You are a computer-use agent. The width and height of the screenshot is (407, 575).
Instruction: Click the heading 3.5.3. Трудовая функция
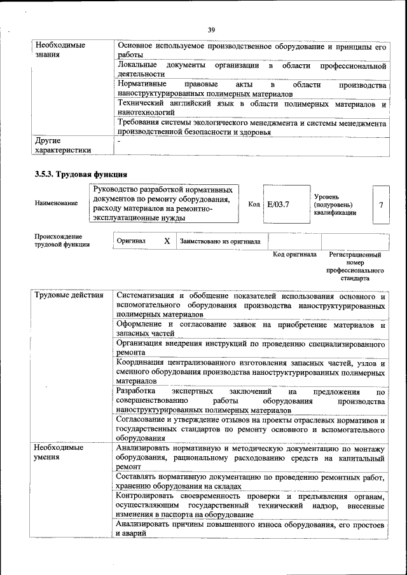coord(81,174)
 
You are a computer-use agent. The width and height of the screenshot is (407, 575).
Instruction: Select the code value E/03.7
coord(278,204)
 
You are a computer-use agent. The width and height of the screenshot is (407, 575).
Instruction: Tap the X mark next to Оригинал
coord(166,241)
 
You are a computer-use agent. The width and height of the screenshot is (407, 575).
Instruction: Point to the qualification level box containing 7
coord(380,205)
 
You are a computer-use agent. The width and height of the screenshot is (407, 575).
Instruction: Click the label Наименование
coord(57,203)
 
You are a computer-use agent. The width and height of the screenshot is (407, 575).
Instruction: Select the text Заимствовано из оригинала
coord(221,241)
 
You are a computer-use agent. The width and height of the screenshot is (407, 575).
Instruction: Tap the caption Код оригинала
coord(294,255)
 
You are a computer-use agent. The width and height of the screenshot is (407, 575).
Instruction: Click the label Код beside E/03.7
coord(254,204)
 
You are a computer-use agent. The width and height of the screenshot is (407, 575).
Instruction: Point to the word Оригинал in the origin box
coord(130,241)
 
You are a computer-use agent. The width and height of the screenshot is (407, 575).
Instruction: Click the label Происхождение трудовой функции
coord(62,240)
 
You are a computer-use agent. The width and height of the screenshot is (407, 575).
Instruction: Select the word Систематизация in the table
coord(146,295)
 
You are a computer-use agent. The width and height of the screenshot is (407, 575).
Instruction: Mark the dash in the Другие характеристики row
coord(118,141)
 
